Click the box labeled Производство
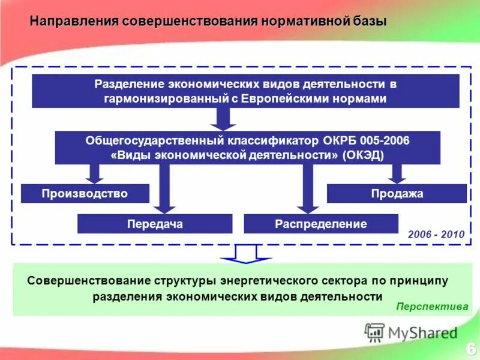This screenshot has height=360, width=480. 85,193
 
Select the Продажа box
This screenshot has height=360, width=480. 397,193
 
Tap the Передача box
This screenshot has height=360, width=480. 155,224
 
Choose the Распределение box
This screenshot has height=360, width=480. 321,224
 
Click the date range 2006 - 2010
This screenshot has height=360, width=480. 436,235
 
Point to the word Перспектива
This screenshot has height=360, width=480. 432,306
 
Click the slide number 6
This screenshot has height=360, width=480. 471,348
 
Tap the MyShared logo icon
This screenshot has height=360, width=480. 375,332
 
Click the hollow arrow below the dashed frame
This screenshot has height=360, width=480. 246,254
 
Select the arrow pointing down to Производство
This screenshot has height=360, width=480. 95,173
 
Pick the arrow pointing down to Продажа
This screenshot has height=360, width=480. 396,173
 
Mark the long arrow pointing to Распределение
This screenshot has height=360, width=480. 308,189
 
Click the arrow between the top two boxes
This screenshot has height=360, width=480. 223,119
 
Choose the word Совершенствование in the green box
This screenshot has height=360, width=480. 88,280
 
